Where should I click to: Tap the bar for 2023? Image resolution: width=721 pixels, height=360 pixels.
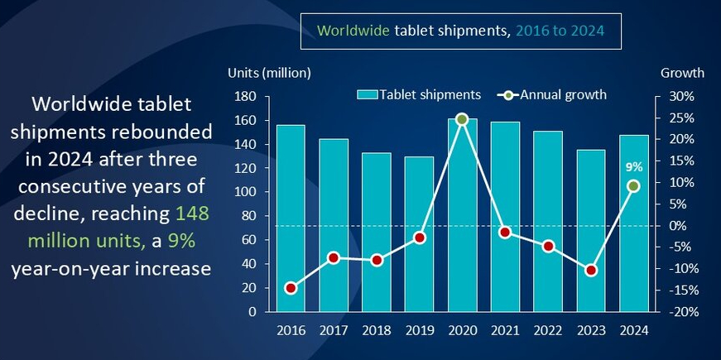click(x=590, y=231)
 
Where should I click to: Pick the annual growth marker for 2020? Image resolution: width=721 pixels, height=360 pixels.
click(x=462, y=119)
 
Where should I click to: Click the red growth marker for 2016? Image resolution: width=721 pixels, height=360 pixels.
click(x=291, y=288)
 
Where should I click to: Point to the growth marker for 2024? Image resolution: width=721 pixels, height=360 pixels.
click(x=633, y=186)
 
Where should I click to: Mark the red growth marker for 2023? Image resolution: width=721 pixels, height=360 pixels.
click(x=590, y=271)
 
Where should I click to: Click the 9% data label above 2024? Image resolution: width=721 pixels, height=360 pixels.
click(x=633, y=166)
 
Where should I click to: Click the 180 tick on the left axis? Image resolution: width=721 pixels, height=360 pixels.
click(x=244, y=96)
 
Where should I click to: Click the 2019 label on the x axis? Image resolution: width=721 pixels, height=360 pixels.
click(x=419, y=329)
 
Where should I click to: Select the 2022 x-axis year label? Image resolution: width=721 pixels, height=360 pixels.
click(x=547, y=329)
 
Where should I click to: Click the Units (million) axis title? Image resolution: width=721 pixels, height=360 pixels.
click(x=269, y=73)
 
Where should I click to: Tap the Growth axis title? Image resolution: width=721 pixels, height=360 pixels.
click(x=681, y=73)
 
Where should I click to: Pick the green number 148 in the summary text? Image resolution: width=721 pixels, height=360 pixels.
click(x=193, y=214)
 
